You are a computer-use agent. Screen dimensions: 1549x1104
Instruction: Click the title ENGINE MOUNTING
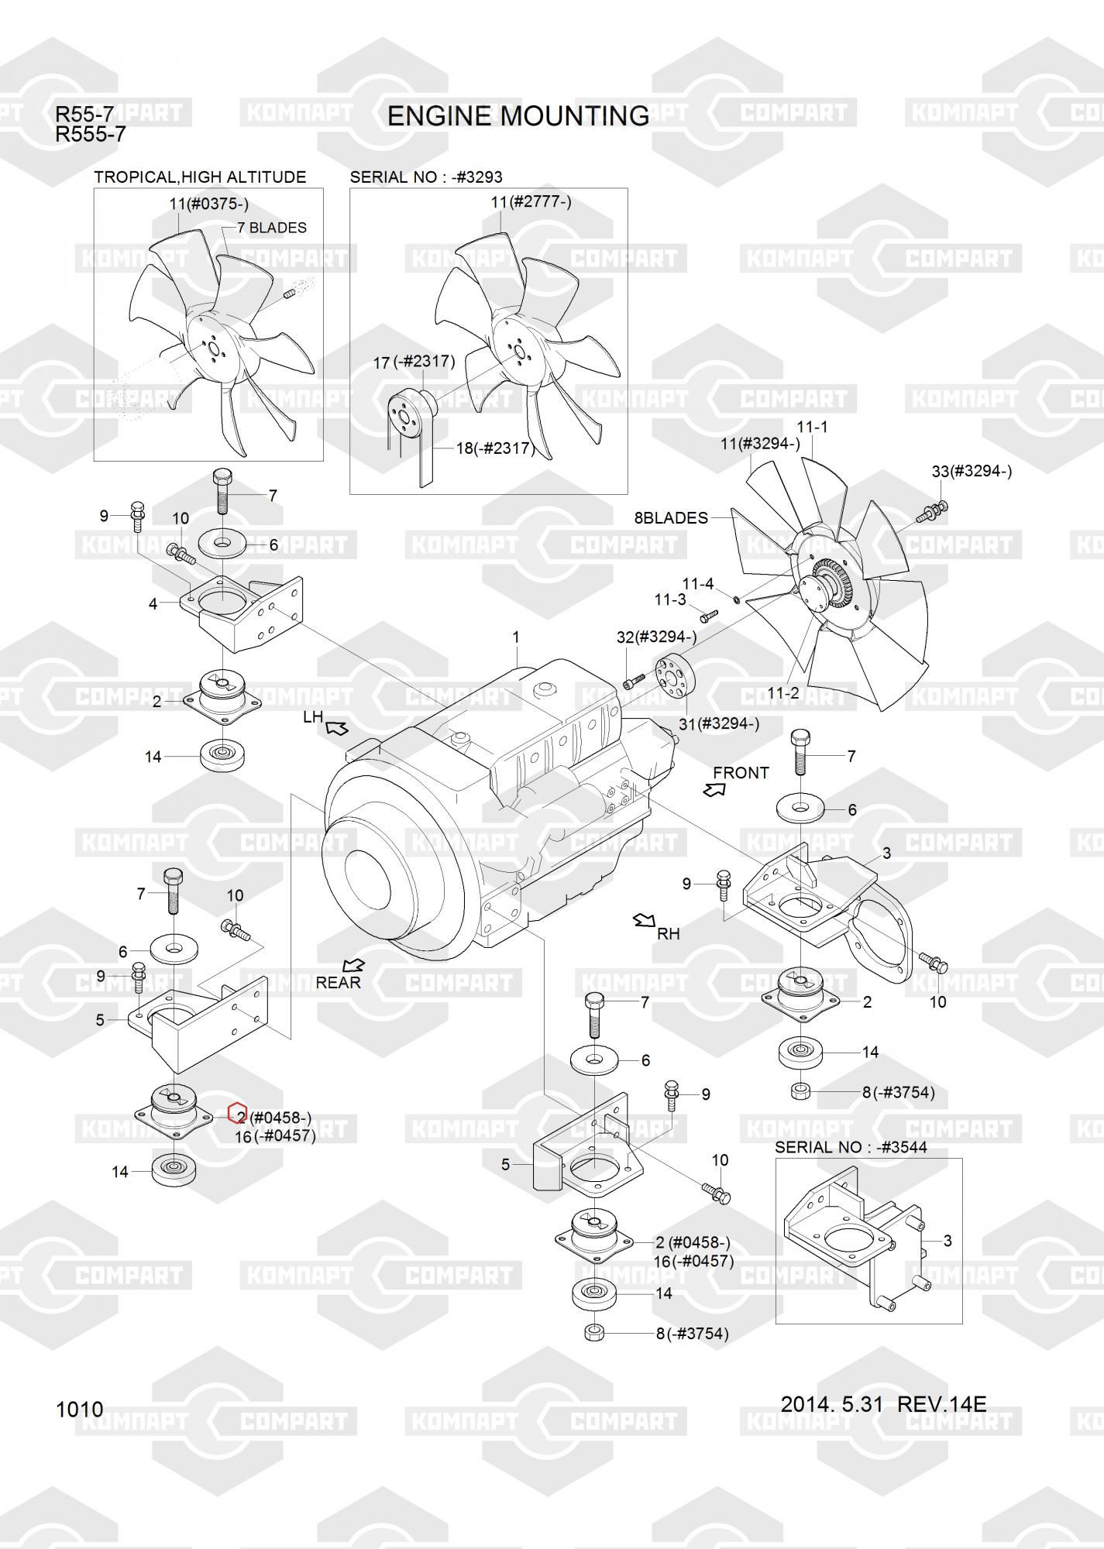click(518, 116)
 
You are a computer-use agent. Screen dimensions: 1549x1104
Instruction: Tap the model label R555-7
click(90, 135)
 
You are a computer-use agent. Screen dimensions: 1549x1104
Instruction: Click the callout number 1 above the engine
click(516, 637)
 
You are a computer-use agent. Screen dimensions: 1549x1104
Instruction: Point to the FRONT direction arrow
click(714, 789)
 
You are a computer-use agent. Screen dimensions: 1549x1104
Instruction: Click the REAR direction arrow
click(354, 964)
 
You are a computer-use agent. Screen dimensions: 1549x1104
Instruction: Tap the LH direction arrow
click(337, 728)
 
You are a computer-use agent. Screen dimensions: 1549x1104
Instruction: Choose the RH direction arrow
click(644, 920)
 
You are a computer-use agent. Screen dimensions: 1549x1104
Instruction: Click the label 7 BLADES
click(271, 228)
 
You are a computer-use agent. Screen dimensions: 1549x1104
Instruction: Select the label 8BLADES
click(671, 518)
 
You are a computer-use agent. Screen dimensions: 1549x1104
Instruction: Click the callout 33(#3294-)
click(972, 471)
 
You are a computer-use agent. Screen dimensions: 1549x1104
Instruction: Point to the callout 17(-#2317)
click(414, 362)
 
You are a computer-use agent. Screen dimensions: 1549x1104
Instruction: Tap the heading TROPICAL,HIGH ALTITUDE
click(200, 177)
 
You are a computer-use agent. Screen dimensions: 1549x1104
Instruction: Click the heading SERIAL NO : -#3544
click(851, 1147)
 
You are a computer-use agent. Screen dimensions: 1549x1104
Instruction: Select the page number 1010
click(79, 1409)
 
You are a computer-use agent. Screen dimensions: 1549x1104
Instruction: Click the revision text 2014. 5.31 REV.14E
click(883, 1403)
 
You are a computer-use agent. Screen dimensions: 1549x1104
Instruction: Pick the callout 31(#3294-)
click(719, 723)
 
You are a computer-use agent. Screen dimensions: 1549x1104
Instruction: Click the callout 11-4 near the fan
click(697, 584)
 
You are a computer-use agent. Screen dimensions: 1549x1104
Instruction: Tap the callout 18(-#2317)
click(494, 448)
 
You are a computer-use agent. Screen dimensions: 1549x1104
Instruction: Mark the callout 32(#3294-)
click(656, 637)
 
